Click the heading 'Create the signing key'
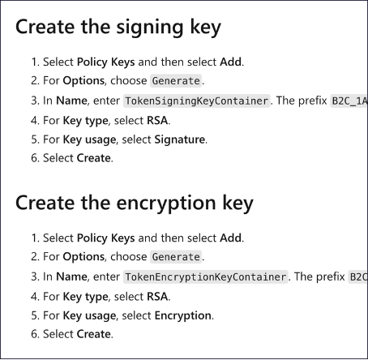coord(118,28)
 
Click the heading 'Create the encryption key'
coord(135,204)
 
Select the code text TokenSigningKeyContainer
coord(197,101)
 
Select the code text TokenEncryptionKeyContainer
coord(206,277)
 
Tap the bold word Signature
coord(180,139)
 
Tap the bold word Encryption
coord(183,315)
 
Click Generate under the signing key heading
coord(176,81)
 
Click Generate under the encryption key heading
coord(176,257)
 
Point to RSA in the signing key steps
coord(157,120)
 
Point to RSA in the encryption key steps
coord(157,297)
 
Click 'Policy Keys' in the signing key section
coord(106,62)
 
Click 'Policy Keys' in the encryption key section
coord(106,238)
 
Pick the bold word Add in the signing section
coord(231,62)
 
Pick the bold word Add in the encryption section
coord(231,238)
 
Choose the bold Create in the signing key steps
coord(94,158)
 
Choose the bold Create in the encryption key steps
coord(94,334)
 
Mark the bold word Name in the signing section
coord(71,101)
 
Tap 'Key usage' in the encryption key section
coord(89,316)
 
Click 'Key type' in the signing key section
coord(85,121)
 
